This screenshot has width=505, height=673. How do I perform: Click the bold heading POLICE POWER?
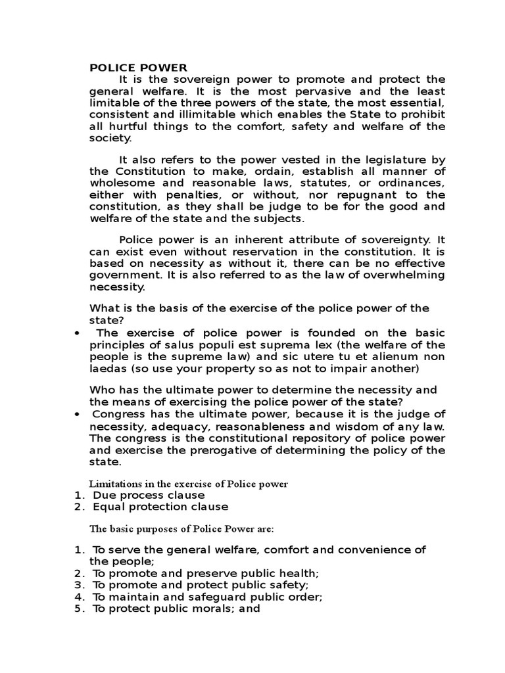pos(138,67)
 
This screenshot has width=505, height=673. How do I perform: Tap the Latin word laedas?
pos(107,368)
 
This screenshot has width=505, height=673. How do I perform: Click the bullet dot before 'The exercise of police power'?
pos(78,333)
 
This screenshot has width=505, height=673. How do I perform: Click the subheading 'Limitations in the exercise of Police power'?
pos(189,484)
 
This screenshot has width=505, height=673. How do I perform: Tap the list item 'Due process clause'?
pos(149,495)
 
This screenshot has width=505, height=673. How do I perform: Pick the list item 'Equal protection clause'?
pos(160,507)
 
